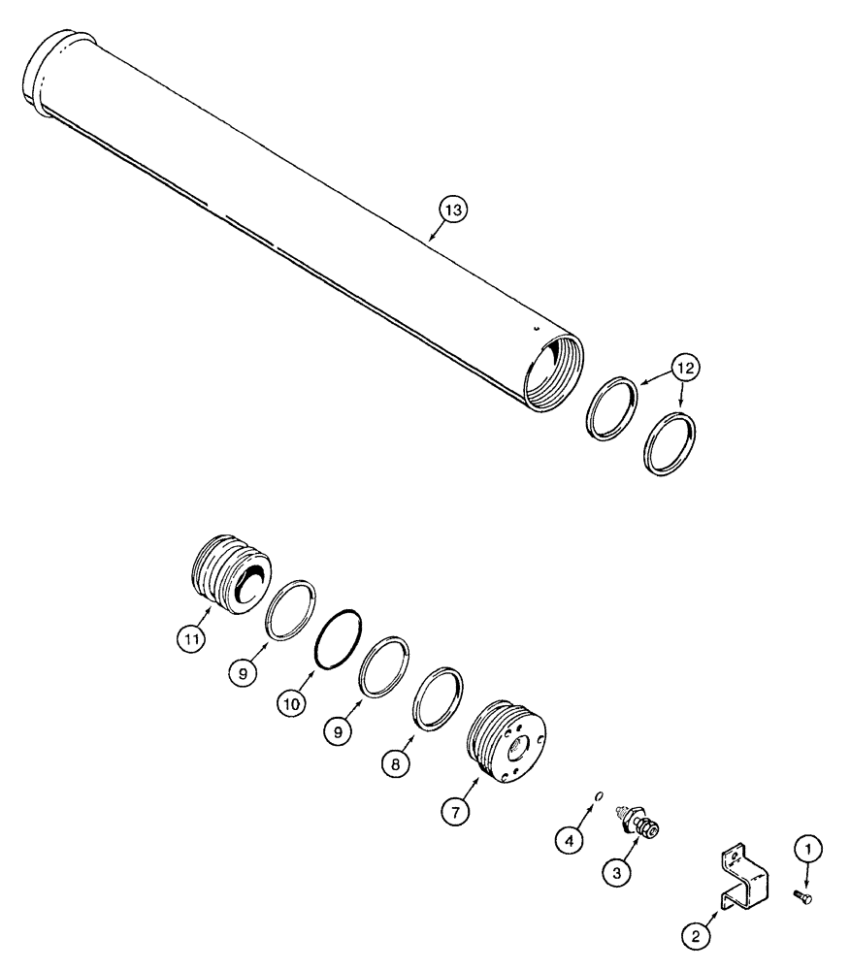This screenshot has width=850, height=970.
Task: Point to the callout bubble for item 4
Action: [x=570, y=838]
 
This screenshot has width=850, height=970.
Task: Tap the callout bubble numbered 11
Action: [x=191, y=638]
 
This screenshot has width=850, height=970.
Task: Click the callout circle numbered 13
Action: [x=453, y=209]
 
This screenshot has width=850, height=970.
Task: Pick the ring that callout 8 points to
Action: [x=438, y=697]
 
